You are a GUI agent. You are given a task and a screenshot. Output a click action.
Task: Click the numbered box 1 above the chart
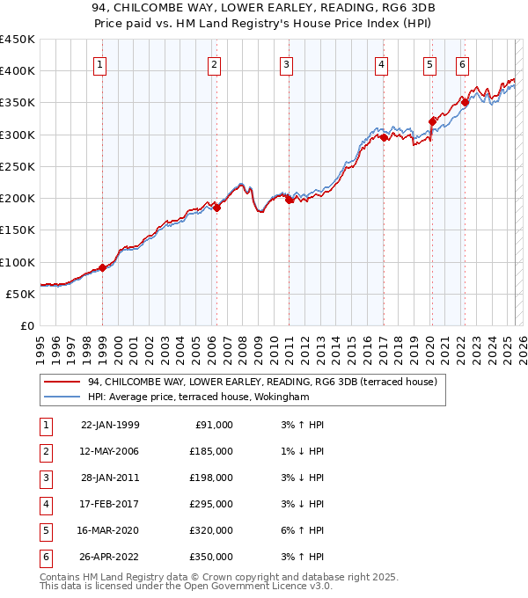tap(101, 64)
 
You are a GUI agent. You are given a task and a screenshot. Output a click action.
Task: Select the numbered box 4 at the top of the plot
tap(382, 64)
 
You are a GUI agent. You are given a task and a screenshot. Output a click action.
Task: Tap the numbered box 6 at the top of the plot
tap(462, 64)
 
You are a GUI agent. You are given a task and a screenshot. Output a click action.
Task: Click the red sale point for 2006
tap(216, 208)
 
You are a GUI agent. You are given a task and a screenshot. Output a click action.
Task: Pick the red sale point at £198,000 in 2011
tap(290, 200)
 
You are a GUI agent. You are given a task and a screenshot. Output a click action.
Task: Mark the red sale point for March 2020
tap(432, 121)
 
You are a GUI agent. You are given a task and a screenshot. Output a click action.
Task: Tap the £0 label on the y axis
tap(26, 325)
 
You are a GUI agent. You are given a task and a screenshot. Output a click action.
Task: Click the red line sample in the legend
tap(62, 382)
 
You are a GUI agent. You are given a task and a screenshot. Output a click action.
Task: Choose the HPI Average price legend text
tap(198, 397)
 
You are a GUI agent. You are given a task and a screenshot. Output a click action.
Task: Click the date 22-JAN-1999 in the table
tap(109, 425)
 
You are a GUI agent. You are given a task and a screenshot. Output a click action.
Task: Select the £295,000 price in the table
tap(211, 504)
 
